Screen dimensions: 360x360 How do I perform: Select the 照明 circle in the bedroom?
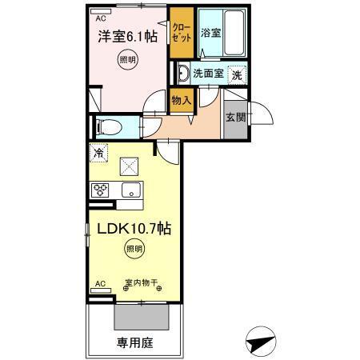(x=128, y=61)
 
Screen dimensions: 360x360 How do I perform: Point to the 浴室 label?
(x=210, y=34)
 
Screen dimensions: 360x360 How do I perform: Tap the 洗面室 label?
(x=206, y=74)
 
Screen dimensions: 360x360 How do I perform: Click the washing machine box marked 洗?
(x=237, y=74)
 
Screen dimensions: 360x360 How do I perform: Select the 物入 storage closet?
(x=181, y=99)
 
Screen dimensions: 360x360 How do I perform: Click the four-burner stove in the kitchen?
(x=102, y=190)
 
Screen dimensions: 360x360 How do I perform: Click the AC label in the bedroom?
(x=101, y=17)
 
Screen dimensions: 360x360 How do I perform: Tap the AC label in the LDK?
(x=101, y=284)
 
